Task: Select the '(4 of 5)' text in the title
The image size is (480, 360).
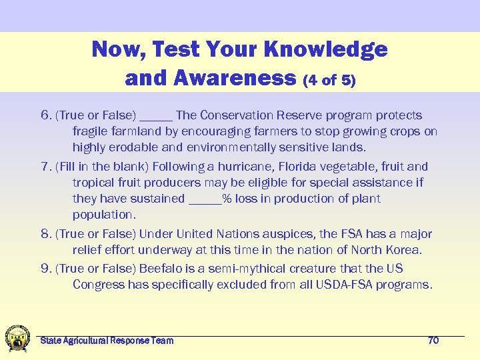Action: click(329, 81)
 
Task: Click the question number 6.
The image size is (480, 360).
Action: click(46, 116)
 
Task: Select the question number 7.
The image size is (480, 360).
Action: click(46, 167)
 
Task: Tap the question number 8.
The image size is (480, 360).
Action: click(46, 235)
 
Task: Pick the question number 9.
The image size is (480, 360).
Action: click(46, 269)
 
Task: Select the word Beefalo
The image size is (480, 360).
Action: click(160, 269)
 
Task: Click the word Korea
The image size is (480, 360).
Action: click(403, 251)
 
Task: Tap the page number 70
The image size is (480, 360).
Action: click(433, 341)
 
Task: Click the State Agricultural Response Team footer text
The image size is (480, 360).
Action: click(107, 341)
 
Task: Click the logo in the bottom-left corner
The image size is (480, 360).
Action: click(17, 338)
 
